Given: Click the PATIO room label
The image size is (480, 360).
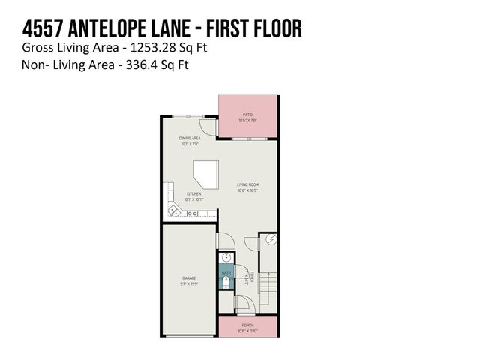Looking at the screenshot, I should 247,115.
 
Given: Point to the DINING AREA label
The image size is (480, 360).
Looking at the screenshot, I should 189,138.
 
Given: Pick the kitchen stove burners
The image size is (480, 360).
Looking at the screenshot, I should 193,214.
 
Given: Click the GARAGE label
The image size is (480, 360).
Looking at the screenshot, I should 188,278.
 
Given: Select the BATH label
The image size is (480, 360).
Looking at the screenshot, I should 226,272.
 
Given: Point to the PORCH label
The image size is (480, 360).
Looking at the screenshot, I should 247,325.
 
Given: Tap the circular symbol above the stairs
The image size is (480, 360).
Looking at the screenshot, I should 271,239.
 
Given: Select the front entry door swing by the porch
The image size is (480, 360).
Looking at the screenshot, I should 243,304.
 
